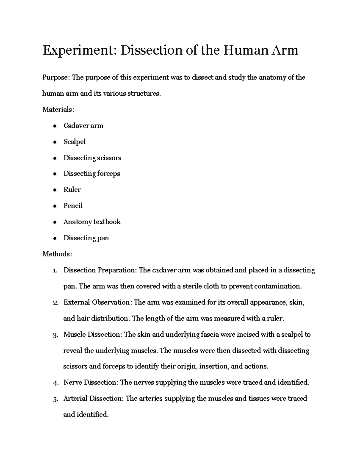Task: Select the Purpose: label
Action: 56,78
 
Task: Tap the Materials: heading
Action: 58,110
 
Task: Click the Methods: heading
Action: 57,254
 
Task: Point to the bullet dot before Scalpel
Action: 55,142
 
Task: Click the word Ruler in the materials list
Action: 72,190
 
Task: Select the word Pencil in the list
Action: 73,206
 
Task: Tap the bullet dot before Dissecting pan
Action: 55,238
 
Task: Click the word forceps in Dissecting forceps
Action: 109,174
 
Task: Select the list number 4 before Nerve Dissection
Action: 55,383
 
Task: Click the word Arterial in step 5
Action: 75,399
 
